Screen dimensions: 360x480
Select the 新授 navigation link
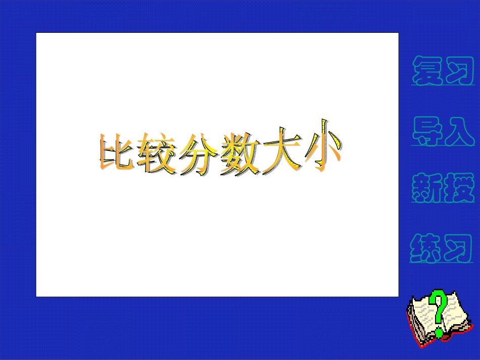pos(444,188)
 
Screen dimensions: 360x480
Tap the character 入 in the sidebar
pos(460,132)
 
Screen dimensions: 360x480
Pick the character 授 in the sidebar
pos(460,188)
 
